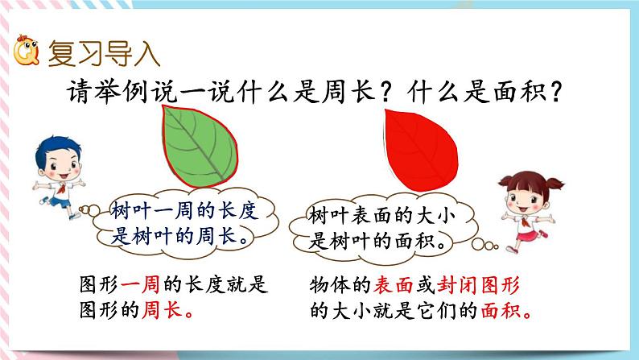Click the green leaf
(207, 145)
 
